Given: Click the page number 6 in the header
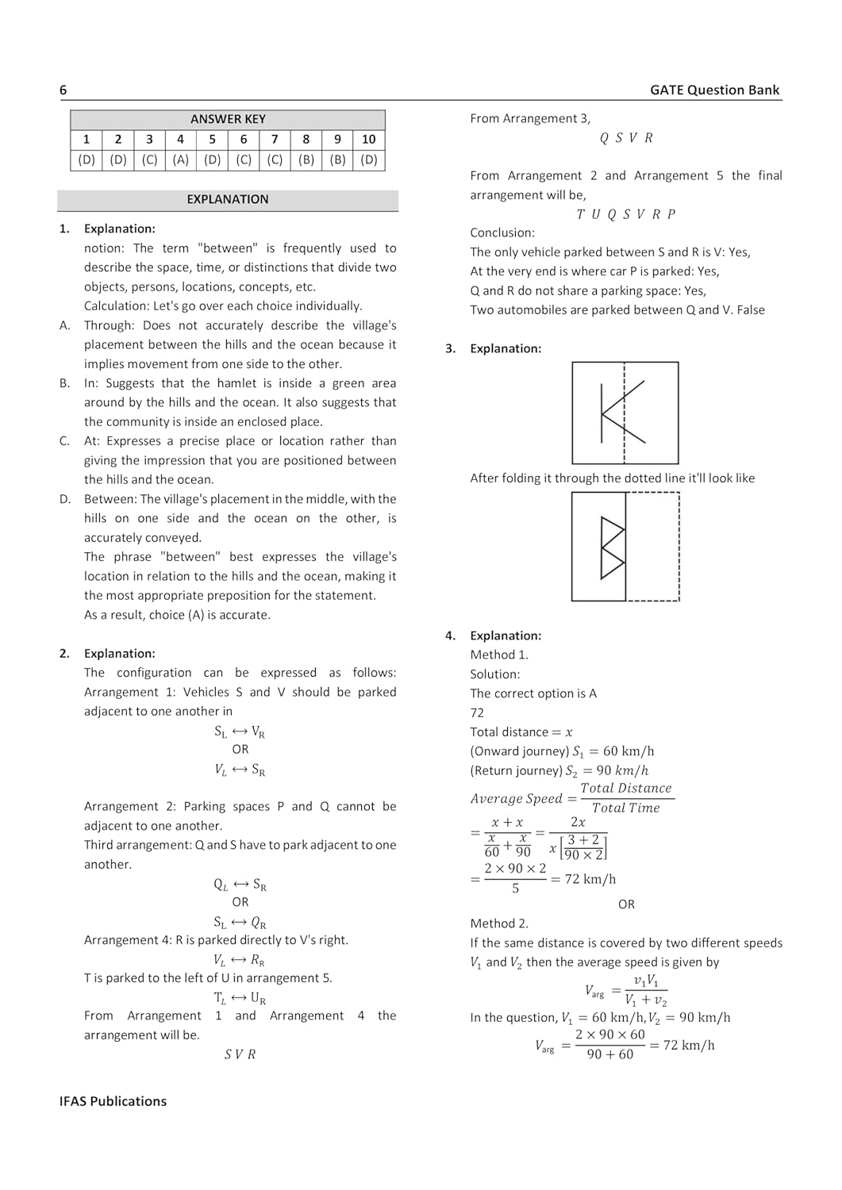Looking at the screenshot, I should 63,90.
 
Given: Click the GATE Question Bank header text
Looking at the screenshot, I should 714,90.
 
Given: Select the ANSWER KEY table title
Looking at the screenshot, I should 228,119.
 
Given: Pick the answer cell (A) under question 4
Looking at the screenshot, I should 180,159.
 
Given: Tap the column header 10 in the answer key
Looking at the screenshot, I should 368,140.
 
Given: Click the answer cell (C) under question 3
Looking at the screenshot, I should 149,159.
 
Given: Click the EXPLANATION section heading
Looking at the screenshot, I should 228,200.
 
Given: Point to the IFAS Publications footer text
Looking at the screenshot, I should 113,1101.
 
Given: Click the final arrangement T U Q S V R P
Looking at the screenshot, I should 625,214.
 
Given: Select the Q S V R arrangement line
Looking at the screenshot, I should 626,138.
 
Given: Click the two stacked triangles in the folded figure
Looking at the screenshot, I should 613,547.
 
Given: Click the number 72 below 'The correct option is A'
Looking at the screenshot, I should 477,712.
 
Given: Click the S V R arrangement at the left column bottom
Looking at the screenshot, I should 240,1054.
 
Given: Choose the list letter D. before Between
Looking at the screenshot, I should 65,499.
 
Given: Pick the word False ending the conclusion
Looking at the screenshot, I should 750,310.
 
